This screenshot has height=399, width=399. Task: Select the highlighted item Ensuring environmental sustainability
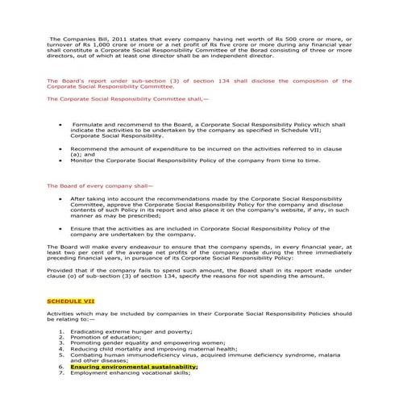pyautogui.click(x=134, y=365)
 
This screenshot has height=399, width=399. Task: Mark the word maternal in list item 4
pyautogui.click(x=192, y=351)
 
